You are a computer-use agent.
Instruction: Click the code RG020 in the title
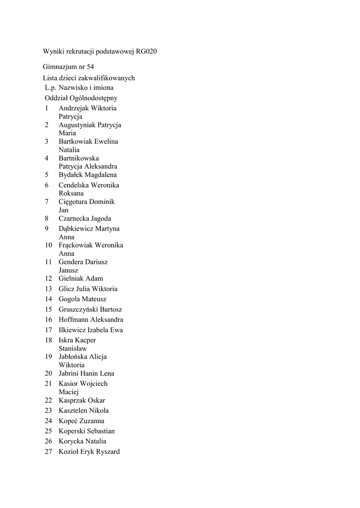coord(146,52)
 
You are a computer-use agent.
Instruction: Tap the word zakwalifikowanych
coord(110,78)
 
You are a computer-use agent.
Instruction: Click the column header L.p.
coord(51,88)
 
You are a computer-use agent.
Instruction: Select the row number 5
coord(47,175)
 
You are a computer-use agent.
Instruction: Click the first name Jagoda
coord(99,218)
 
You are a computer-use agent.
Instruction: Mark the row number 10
coord(49,245)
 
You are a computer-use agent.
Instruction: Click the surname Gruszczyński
coord(79,310)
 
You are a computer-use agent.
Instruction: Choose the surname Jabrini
coord(70,373)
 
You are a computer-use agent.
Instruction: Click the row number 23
coord(49,410)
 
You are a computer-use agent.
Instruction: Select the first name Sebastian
coord(101,431)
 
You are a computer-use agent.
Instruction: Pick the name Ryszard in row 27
coord(107,451)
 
